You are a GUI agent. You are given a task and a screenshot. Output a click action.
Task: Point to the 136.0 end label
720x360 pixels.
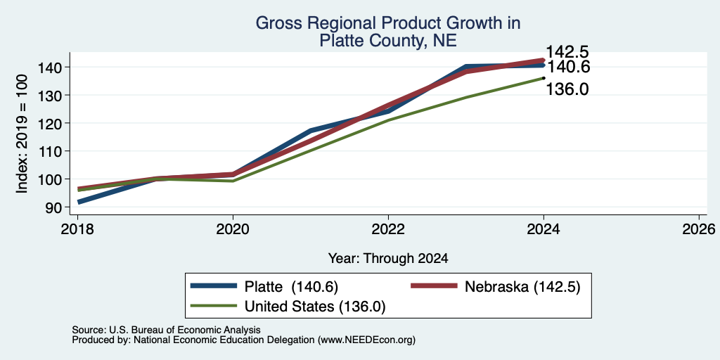coord(566,89)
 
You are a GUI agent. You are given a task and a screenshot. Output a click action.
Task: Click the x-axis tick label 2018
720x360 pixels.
coord(77,229)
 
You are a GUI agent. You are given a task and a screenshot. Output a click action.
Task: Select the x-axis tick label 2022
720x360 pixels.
coord(388,229)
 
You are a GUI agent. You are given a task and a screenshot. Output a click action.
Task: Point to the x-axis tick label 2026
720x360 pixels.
coord(699,229)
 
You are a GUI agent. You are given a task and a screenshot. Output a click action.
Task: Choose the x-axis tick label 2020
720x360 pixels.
coord(233,229)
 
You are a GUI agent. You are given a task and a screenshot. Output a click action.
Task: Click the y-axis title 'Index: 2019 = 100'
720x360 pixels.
coord(22,134)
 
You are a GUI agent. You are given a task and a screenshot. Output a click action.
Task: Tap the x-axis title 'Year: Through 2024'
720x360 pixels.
coord(388,259)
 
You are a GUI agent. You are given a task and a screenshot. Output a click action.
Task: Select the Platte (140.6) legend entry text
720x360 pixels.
coord(291,287)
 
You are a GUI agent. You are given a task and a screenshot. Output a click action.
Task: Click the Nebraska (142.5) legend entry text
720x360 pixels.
coord(522,287)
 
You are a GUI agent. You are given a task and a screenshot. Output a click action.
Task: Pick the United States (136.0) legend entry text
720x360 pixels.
coord(314,307)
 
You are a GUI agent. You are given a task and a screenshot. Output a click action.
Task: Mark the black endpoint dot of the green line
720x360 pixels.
coord(544,77)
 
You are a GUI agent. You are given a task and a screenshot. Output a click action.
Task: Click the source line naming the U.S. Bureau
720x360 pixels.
coord(166,330)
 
